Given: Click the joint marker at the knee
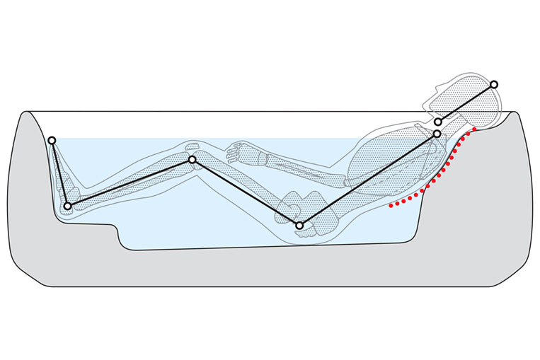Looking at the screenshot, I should [x=192, y=160].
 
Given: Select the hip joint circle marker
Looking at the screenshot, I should [x=299, y=226].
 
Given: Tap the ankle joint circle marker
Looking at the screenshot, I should [x=67, y=206].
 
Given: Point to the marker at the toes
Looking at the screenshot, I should [x=52, y=140].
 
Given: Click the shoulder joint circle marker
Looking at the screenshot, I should [x=437, y=134].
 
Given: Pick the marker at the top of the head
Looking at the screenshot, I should [x=494, y=84].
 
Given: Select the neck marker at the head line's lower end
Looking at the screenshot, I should [x=438, y=122].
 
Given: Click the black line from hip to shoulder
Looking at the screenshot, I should [x=368, y=180].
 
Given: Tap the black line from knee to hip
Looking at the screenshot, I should [x=246, y=192].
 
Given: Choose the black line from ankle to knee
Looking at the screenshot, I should [x=130, y=183].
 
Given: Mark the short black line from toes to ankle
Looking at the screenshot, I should [x=59, y=173].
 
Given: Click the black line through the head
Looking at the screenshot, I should [x=466, y=103].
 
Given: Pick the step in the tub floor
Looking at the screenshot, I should [x=116, y=230].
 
